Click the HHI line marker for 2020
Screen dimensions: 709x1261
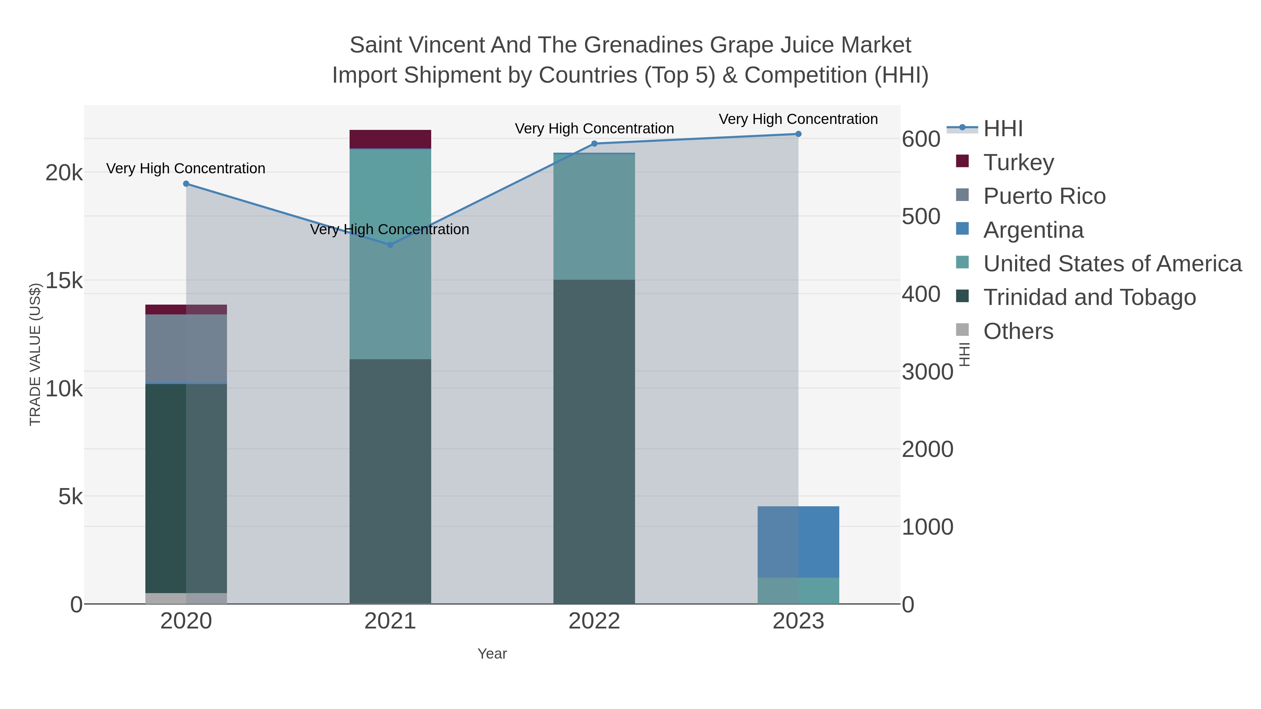[186, 184]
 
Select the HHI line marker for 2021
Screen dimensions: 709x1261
[390, 245]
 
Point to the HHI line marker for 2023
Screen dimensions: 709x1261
[798, 134]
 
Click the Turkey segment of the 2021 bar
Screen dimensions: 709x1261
[390, 139]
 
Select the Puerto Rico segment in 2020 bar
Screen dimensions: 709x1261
[186, 348]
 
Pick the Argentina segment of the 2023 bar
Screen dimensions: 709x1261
[798, 542]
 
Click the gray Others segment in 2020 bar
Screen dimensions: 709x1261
[186, 598]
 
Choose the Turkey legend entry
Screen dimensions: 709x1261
[1019, 162]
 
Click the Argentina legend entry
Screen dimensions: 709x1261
[1033, 230]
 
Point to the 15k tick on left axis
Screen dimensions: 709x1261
[64, 281]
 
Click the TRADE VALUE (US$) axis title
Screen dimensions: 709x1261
[35, 354]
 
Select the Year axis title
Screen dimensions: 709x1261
[492, 654]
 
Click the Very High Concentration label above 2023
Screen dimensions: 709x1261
[798, 119]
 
